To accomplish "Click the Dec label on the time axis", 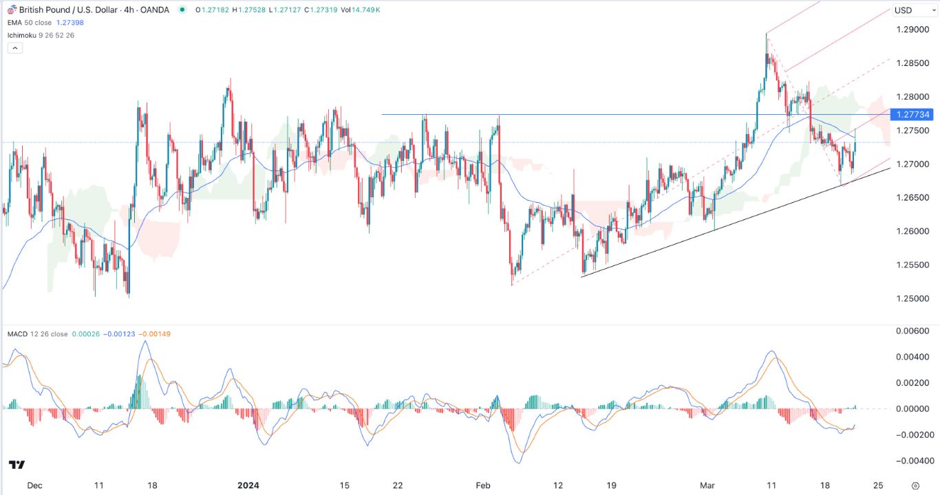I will click(x=35, y=485).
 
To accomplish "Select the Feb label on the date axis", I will click(x=484, y=485).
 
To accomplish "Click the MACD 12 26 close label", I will click(x=39, y=334).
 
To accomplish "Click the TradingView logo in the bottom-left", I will click(x=17, y=465).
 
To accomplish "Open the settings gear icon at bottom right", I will click(x=915, y=485).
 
